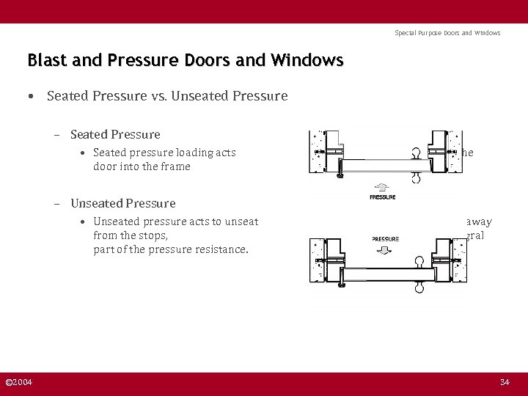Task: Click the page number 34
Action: click(504, 382)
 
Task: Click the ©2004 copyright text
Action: click(18, 382)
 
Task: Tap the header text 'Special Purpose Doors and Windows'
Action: click(447, 33)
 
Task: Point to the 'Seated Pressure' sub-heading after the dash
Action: click(115, 134)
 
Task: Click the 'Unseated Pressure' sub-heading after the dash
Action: click(123, 203)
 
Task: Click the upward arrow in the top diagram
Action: click(382, 186)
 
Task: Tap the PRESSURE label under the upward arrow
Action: click(382, 197)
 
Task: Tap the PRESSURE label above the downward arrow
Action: click(385, 239)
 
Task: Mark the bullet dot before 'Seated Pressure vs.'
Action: click(31, 96)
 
